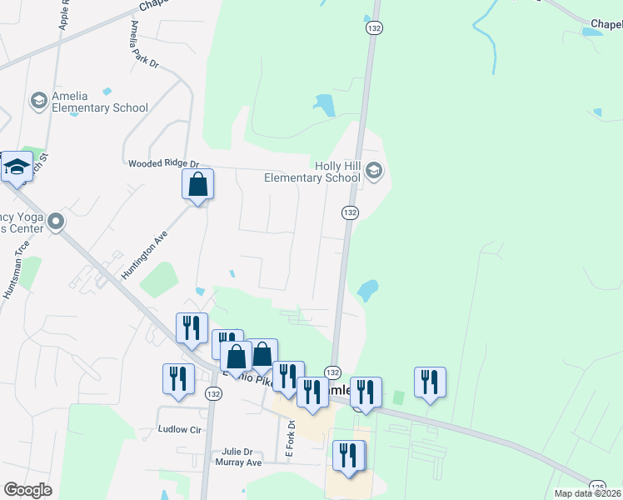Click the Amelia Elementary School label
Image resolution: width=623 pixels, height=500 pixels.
100,102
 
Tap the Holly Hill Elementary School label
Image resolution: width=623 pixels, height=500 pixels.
312,172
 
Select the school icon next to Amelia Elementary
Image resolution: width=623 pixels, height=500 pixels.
38,102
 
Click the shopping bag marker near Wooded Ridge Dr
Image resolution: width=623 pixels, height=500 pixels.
198,184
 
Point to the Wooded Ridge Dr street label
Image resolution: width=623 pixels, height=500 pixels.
163,164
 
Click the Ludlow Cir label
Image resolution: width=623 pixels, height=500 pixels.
180,430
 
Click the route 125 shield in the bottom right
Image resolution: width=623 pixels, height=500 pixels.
596,485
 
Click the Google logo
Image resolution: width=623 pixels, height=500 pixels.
27,490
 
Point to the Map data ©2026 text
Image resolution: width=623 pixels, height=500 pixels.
587,493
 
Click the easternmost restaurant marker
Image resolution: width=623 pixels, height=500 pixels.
430,382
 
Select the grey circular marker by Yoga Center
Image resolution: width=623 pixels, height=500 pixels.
56,222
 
